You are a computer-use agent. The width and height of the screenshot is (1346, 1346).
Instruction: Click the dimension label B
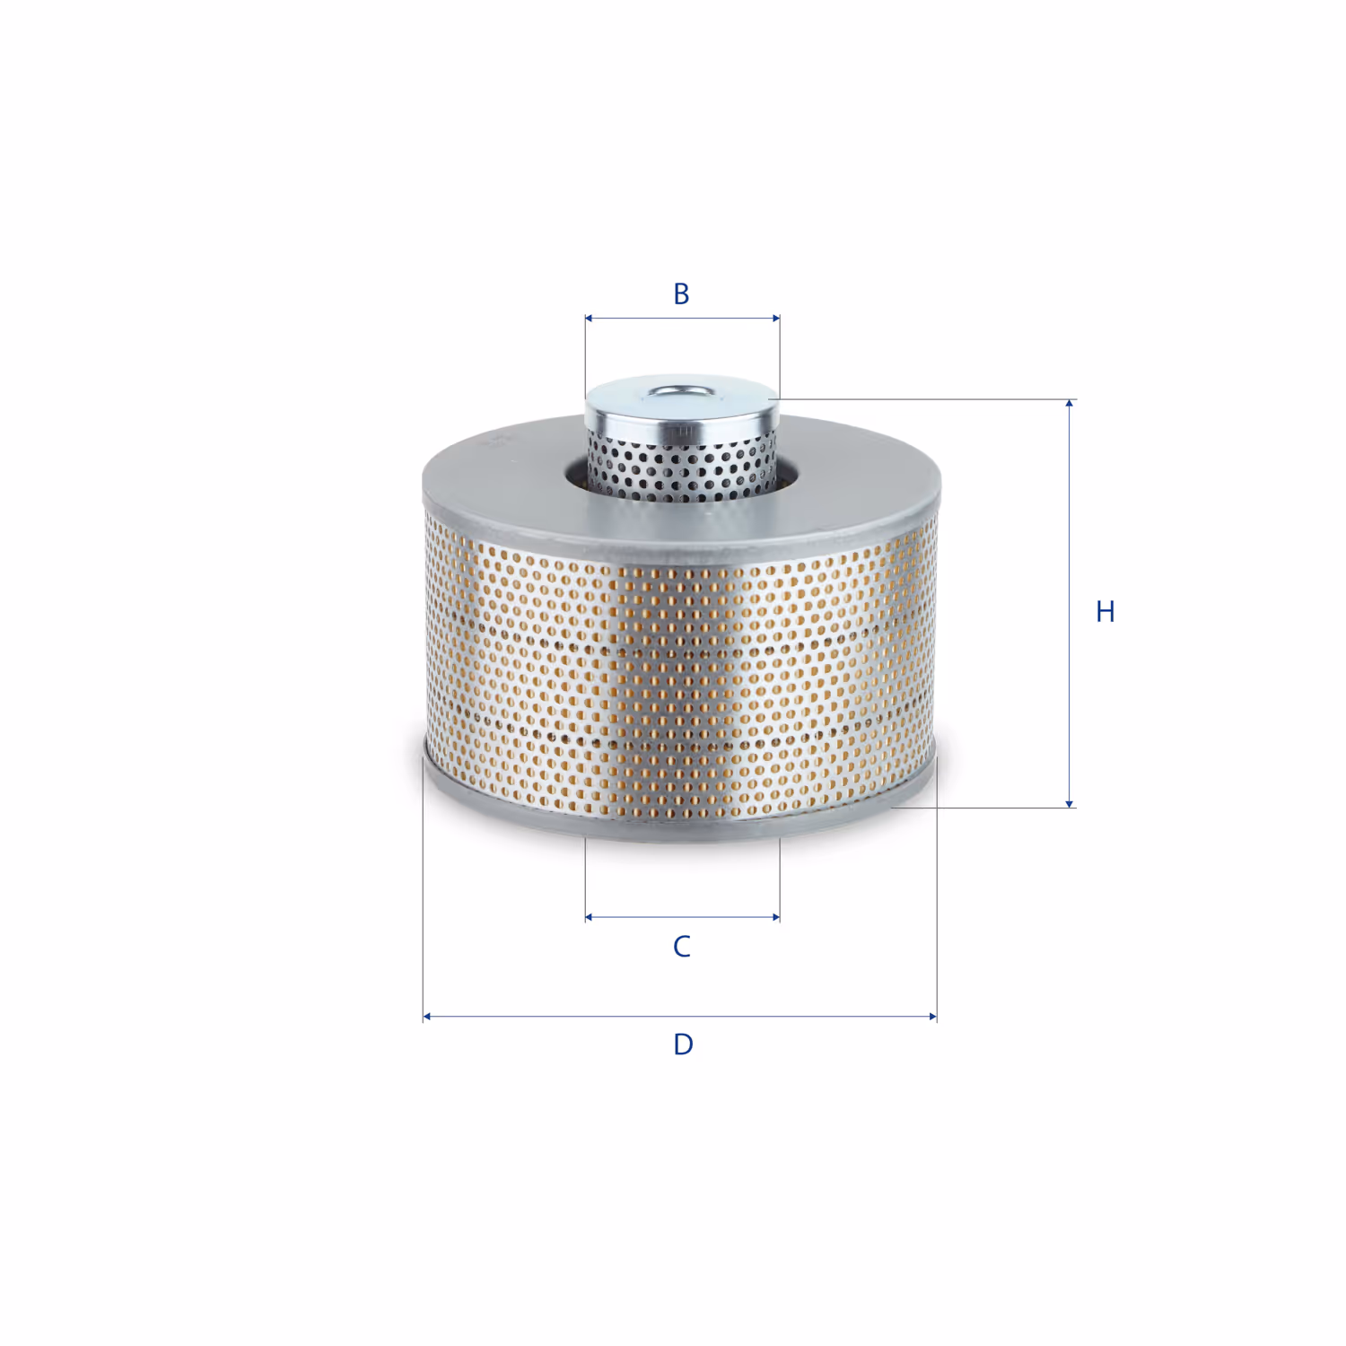[681, 293]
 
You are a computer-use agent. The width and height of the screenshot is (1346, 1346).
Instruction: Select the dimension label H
[1106, 611]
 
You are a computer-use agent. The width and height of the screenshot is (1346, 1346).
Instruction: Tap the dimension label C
[682, 946]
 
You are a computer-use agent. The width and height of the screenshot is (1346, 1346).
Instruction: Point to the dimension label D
[683, 1044]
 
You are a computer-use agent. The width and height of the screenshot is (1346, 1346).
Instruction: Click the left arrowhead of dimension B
[589, 318]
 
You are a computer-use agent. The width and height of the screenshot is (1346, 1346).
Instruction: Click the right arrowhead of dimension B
[775, 318]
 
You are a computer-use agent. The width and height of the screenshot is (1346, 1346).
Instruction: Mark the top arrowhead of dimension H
[1069, 405]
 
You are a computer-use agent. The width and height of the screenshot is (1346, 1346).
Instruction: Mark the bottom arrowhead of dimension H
[1069, 802]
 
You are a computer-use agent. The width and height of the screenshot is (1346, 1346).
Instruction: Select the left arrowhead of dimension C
[589, 917]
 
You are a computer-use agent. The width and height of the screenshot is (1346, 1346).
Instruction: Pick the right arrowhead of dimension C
[775, 917]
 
